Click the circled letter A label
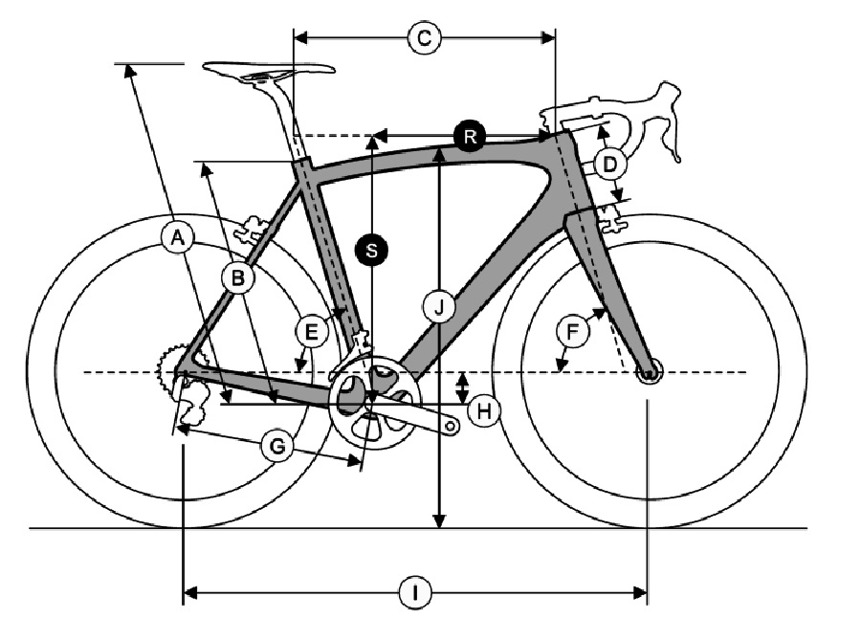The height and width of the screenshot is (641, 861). (x=178, y=238)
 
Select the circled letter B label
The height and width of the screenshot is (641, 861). (x=238, y=277)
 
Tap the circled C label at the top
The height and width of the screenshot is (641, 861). (x=425, y=38)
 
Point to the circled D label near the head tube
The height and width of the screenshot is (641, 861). (x=609, y=164)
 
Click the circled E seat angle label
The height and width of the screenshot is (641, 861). (x=311, y=331)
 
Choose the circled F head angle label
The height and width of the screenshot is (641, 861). (x=572, y=331)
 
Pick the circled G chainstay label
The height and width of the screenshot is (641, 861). (x=277, y=446)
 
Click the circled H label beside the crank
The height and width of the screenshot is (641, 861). (x=484, y=410)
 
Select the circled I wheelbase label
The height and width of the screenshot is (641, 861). (x=415, y=592)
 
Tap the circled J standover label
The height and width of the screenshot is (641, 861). (x=439, y=308)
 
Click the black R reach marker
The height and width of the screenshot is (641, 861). (x=470, y=135)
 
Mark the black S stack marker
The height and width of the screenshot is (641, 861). (x=372, y=250)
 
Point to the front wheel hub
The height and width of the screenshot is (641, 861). (x=649, y=373)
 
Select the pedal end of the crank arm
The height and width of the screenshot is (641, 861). (x=452, y=426)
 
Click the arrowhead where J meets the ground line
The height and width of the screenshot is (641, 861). (x=439, y=521)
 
